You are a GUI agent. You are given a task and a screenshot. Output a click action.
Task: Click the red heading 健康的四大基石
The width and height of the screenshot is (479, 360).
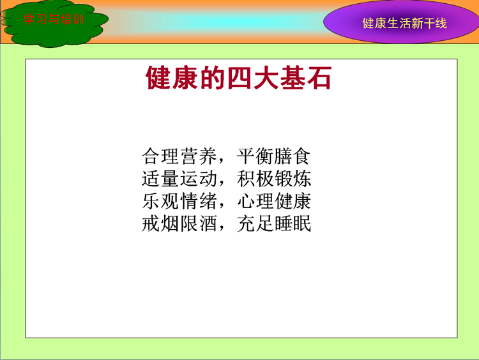click(x=239, y=78)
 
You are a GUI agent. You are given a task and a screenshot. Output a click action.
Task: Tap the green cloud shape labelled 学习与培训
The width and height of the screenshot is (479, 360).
click(x=54, y=23)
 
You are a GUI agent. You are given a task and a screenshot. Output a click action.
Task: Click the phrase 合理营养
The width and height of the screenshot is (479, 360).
click(x=179, y=156)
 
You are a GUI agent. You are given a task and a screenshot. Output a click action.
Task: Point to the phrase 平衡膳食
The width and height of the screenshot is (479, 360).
click(x=274, y=156)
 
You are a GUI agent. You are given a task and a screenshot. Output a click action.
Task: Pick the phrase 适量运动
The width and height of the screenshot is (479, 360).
click(x=179, y=179)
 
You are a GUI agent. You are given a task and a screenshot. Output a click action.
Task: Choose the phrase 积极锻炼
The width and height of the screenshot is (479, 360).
click(x=274, y=179)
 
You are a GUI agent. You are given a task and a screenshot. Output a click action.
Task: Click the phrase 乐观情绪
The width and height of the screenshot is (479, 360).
click(x=179, y=201)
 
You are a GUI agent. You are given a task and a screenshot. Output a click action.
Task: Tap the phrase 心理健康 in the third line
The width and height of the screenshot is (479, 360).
click(x=274, y=201)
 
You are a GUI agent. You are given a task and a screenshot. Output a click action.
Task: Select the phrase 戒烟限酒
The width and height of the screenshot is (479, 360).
click(x=179, y=224)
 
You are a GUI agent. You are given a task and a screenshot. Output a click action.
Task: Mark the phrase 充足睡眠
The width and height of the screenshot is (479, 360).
click(x=274, y=224)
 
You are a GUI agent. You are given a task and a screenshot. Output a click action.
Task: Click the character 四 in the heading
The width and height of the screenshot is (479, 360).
click(x=239, y=78)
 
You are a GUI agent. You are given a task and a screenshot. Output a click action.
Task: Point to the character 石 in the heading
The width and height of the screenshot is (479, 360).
click(x=319, y=78)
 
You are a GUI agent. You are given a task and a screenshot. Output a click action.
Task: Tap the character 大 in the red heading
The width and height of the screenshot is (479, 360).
click(x=266, y=78)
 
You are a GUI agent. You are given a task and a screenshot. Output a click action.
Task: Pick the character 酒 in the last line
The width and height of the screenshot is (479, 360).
click(x=208, y=224)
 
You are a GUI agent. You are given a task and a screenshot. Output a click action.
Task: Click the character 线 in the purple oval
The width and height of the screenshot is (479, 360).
click(x=441, y=23)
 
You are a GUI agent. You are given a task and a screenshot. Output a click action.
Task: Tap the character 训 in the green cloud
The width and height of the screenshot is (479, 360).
click(x=78, y=19)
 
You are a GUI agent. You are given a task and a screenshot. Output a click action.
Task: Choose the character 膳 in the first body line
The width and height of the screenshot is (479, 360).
click(x=283, y=156)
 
